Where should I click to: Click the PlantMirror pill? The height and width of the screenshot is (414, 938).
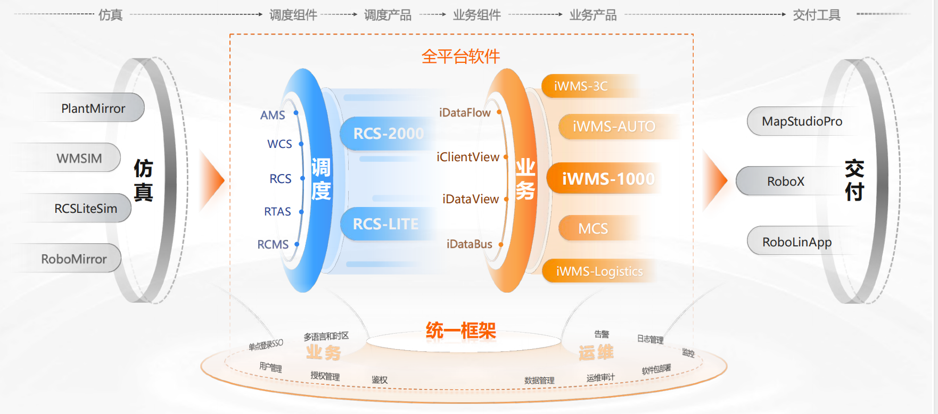[93, 108]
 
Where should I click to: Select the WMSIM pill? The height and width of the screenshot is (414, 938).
[79, 158]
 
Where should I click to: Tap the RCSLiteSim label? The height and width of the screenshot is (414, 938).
[86, 208]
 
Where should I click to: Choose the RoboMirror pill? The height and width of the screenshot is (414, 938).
[74, 259]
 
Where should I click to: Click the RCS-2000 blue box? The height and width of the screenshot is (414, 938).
[389, 133]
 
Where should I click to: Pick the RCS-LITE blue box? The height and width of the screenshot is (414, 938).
[386, 224]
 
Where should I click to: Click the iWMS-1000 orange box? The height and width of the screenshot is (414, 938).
[608, 179]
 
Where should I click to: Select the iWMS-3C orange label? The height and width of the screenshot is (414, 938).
[581, 86]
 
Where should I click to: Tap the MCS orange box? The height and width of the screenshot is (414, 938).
[593, 228]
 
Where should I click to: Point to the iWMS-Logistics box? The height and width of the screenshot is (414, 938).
[599, 271]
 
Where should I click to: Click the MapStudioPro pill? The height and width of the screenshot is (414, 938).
[802, 121]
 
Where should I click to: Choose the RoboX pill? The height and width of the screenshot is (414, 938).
[785, 181]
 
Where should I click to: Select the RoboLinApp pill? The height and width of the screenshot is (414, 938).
[796, 242]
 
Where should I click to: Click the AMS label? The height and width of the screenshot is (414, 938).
[273, 115]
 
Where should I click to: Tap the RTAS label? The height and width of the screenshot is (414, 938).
[277, 211]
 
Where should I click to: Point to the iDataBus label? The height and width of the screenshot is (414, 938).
[469, 244]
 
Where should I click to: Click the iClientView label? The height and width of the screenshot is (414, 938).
[467, 157]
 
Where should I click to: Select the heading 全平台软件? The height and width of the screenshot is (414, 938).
[460, 56]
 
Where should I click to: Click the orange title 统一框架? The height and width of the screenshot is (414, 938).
[460, 330]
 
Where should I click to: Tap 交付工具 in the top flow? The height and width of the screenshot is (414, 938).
[816, 15]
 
